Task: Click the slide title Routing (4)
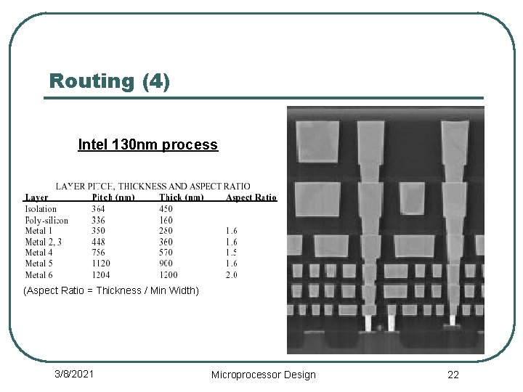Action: (x=110, y=81)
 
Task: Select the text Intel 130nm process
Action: (x=147, y=144)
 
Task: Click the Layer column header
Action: (x=36, y=197)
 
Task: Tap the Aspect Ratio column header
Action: (x=251, y=197)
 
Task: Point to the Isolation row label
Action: (x=41, y=209)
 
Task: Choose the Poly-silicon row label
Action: (x=46, y=220)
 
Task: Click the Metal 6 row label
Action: (x=39, y=274)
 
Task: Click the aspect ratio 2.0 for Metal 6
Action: (x=232, y=274)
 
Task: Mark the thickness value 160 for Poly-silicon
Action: (x=167, y=220)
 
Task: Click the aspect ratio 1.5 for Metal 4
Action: (x=232, y=253)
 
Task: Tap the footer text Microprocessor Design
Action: (x=263, y=375)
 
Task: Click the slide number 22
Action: (x=453, y=375)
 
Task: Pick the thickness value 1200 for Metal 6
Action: (x=169, y=274)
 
